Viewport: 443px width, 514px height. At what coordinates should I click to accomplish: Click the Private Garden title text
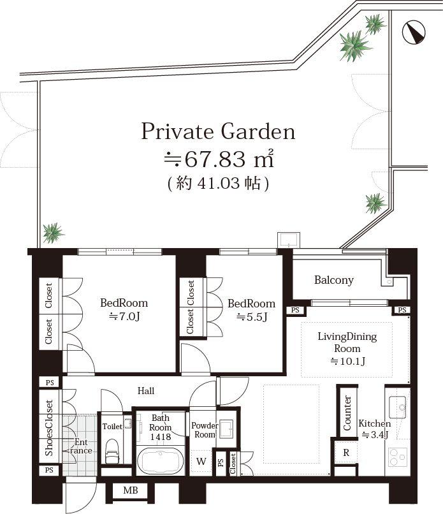218,131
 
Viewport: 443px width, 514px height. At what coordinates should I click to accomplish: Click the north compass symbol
414,31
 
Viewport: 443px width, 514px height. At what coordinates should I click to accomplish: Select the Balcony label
333,280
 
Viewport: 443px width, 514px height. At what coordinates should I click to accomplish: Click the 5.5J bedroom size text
252,316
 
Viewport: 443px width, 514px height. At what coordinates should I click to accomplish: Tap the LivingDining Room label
347,343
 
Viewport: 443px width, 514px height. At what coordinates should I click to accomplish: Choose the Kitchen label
374,423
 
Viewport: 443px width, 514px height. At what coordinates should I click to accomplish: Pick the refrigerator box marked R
345,453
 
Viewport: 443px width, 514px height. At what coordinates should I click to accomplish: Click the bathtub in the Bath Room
159,461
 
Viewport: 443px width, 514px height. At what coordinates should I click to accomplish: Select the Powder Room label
205,430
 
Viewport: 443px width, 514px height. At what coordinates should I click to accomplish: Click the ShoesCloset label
49,428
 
